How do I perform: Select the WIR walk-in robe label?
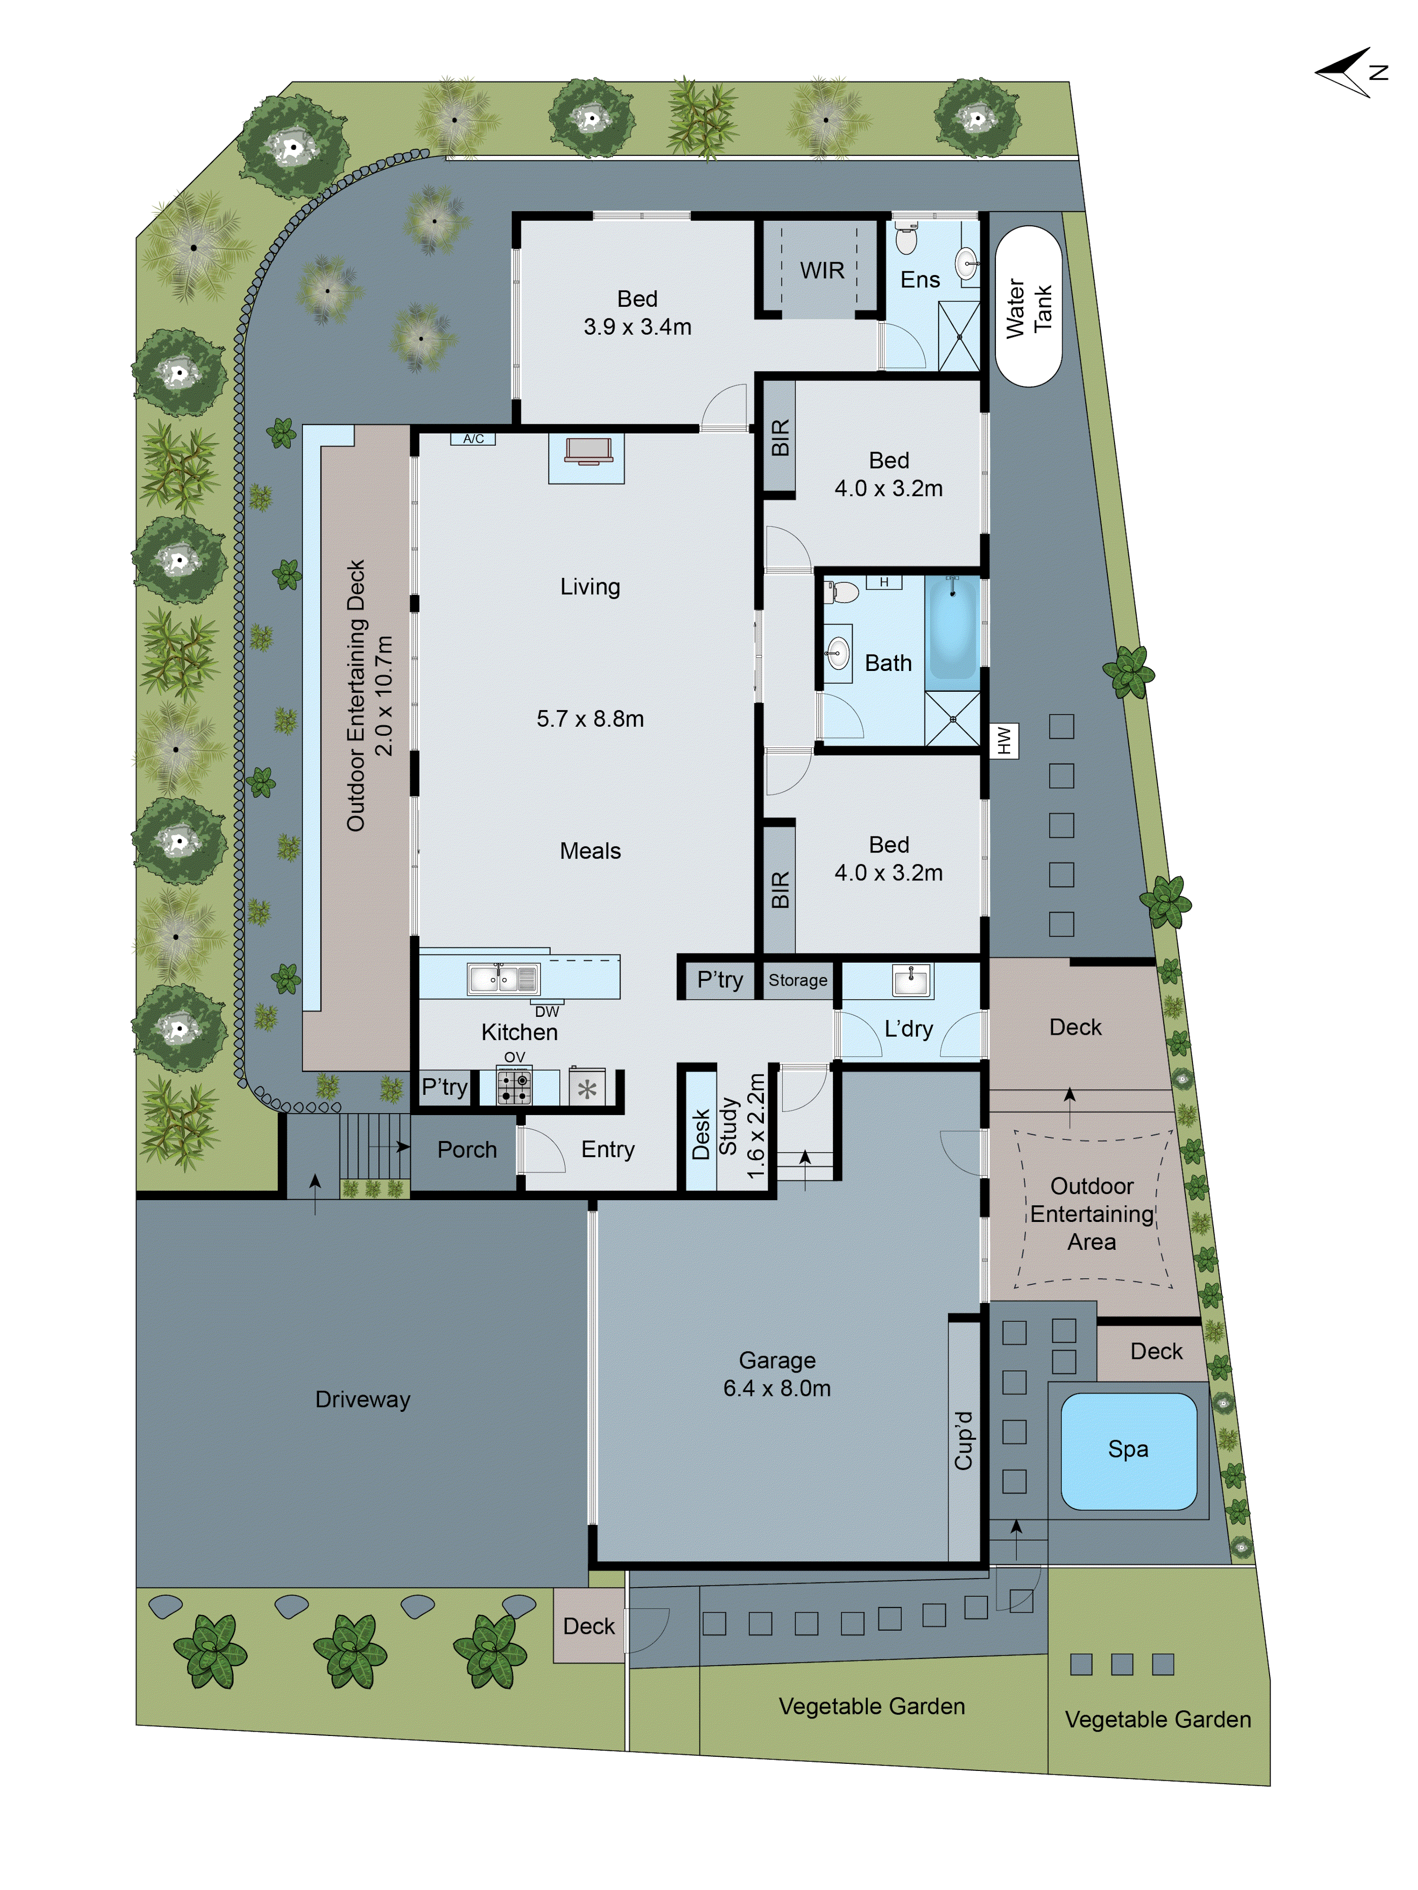tap(821, 271)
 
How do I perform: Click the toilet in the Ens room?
tap(906, 239)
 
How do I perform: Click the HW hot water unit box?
tap(1003, 740)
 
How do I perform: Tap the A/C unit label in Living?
tap(473, 439)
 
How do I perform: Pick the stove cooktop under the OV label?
tap(514, 1087)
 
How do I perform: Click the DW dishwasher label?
tap(546, 1012)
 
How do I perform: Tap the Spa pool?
tap(1127, 1450)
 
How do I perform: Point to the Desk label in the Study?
tap(701, 1134)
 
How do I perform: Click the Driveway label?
tap(363, 1400)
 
